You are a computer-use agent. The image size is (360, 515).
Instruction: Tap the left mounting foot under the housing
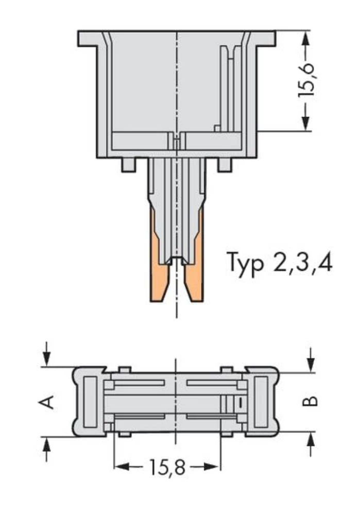tap(129, 165)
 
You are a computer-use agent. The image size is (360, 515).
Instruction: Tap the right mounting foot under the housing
tap(225, 165)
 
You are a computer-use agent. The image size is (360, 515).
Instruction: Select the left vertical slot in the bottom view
tap(90, 402)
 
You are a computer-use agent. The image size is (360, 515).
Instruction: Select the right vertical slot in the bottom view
tap(261, 402)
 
